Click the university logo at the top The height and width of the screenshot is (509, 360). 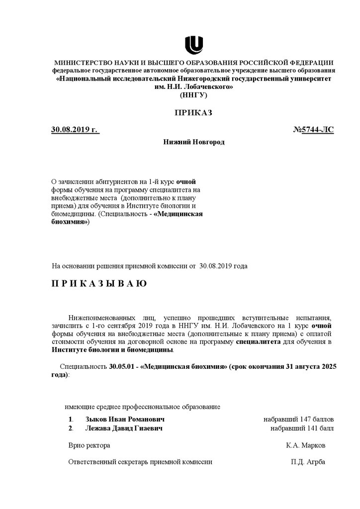(x=193, y=44)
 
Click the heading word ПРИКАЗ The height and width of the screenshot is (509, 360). (x=193, y=113)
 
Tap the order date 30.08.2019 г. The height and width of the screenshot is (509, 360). (x=75, y=130)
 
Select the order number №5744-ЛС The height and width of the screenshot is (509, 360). (x=314, y=130)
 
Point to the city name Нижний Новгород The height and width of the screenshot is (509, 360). (x=194, y=142)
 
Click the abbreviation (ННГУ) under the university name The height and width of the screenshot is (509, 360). (x=193, y=94)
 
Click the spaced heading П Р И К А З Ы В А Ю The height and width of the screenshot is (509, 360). (x=99, y=284)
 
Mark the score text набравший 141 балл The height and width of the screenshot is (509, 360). (x=302, y=428)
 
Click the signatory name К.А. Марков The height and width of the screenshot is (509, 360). (x=306, y=445)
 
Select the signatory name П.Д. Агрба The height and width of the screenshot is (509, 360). (x=308, y=462)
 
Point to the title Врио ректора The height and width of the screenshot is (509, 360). (x=89, y=445)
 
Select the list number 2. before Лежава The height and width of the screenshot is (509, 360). (x=71, y=428)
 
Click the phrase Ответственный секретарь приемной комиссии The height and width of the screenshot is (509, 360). (x=140, y=462)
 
